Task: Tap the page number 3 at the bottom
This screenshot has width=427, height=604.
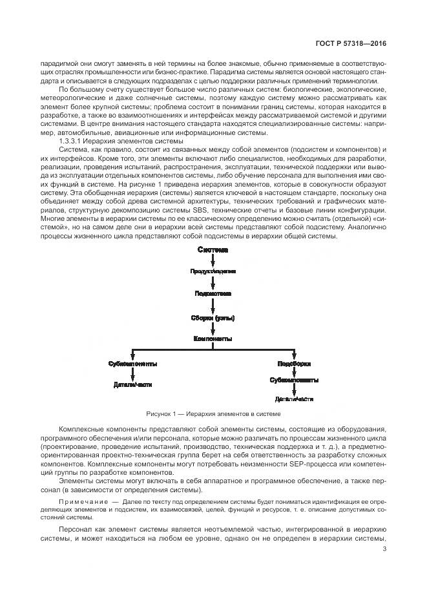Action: [x=384, y=550]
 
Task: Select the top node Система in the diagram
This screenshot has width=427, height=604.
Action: [x=213, y=250]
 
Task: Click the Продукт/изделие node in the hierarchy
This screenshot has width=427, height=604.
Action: [x=213, y=271]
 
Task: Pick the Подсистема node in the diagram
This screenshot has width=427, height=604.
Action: [x=213, y=293]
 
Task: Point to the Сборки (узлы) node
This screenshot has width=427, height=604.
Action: [x=213, y=317]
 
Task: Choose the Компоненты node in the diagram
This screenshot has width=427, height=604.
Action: [x=213, y=338]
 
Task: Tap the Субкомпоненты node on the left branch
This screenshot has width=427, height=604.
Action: [x=132, y=364]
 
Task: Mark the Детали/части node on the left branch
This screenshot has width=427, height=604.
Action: [x=132, y=385]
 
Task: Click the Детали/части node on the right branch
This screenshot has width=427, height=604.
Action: [x=293, y=398]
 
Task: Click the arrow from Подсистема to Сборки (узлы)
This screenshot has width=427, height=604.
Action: [x=213, y=305]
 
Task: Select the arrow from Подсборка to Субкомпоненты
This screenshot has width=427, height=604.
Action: [x=293, y=372]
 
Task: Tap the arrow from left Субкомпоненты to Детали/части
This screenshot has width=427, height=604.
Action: [x=132, y=374]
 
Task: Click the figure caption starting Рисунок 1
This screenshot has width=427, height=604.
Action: [x=213, y=413]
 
